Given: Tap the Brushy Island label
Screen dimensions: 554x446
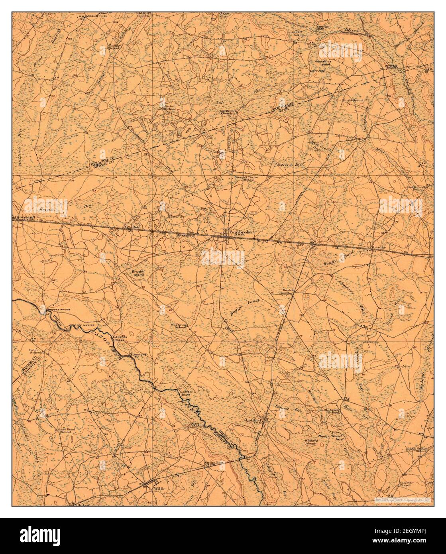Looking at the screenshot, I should pos(138,273).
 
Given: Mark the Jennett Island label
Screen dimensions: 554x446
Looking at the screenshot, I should pos(297,33).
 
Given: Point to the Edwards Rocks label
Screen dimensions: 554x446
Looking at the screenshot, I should pos(120,338).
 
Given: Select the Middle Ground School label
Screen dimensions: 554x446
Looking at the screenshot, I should pos(417,450).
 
